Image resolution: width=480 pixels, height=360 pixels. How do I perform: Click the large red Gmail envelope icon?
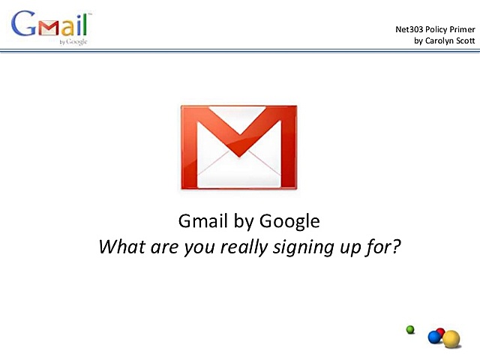point(238,146)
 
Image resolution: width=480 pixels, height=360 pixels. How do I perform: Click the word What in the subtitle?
point(119,246)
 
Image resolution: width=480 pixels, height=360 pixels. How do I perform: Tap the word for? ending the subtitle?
point(388,246)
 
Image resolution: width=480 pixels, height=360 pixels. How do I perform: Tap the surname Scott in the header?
point(462,40)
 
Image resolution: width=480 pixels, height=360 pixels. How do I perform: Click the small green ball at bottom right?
point(410,328)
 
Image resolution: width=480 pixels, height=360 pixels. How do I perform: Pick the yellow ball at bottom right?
point(451,339)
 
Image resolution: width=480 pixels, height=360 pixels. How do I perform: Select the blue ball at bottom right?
point(434,337)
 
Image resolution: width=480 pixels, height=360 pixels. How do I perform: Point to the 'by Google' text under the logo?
point(73,42)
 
